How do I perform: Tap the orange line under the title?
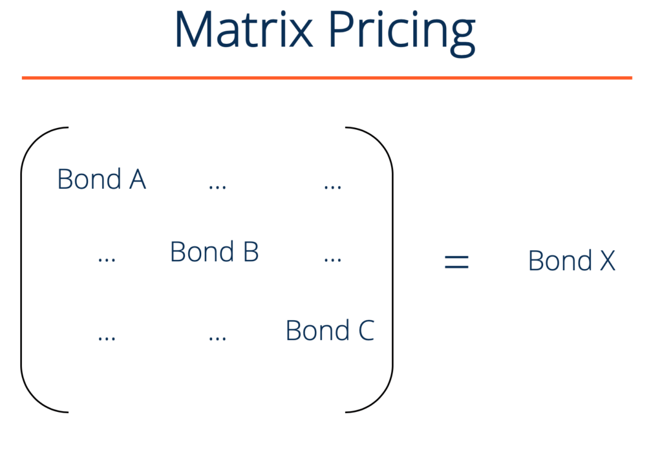[x=326, y=78]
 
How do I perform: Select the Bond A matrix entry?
[x=101, y=179]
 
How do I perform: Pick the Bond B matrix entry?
[x=214, y=251]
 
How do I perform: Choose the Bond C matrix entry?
[x=330, y=330]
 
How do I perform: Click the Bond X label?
[x=571, y=261]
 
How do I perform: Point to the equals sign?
[x=456, y=261]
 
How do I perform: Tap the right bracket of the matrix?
[x=391, y=269]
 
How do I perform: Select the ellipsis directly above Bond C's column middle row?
[x=332, y=259]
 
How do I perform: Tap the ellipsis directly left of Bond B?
[x=107, y=259]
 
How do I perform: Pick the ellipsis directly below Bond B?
[x=217, y=338]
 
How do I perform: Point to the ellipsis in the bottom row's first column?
[x=107, y=338]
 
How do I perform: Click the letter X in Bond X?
[x=608, y=261]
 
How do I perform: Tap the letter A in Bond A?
[x=138, y=179]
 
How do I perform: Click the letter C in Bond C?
[x=365, y=330]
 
